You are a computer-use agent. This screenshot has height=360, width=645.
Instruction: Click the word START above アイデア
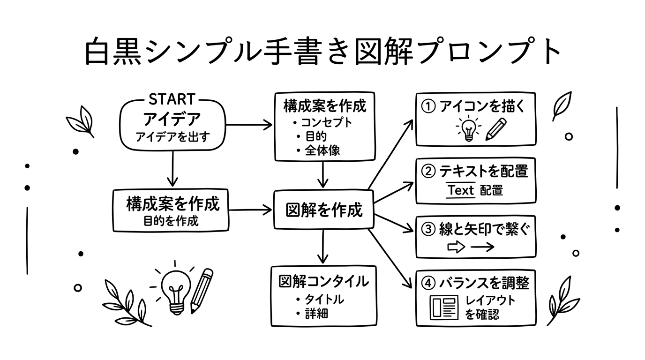pos(172,100)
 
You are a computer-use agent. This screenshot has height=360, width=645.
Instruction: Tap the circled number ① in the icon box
pos(428,107)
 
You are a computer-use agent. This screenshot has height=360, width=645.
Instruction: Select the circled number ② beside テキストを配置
pos(428,172)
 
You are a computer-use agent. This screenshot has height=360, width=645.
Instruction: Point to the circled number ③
pos(428,230)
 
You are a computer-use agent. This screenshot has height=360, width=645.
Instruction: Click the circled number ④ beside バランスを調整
pos(428,283)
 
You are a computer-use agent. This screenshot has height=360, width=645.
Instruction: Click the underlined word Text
pos(460,190)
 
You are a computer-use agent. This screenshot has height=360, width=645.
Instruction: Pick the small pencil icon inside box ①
pos(496,129)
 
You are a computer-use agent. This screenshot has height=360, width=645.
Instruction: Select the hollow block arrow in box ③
pos(457,247)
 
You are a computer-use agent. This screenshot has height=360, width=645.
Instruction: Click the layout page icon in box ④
pos(444,307)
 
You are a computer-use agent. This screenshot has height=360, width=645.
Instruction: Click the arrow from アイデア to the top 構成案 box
pos(249,125)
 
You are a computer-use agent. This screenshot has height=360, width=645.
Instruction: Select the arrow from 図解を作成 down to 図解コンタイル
pos(323,247)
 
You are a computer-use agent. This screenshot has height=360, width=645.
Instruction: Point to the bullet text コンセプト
pos(326,123)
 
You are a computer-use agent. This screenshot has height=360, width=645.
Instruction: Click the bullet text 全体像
pos(322,150)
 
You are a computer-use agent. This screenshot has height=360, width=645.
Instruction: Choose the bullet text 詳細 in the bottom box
pos(316,314)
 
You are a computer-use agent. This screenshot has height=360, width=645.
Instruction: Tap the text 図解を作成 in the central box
pos(324,210)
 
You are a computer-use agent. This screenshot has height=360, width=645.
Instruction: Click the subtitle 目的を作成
pos(171,221)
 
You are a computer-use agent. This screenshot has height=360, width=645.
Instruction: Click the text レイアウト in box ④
pos(490,300)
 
